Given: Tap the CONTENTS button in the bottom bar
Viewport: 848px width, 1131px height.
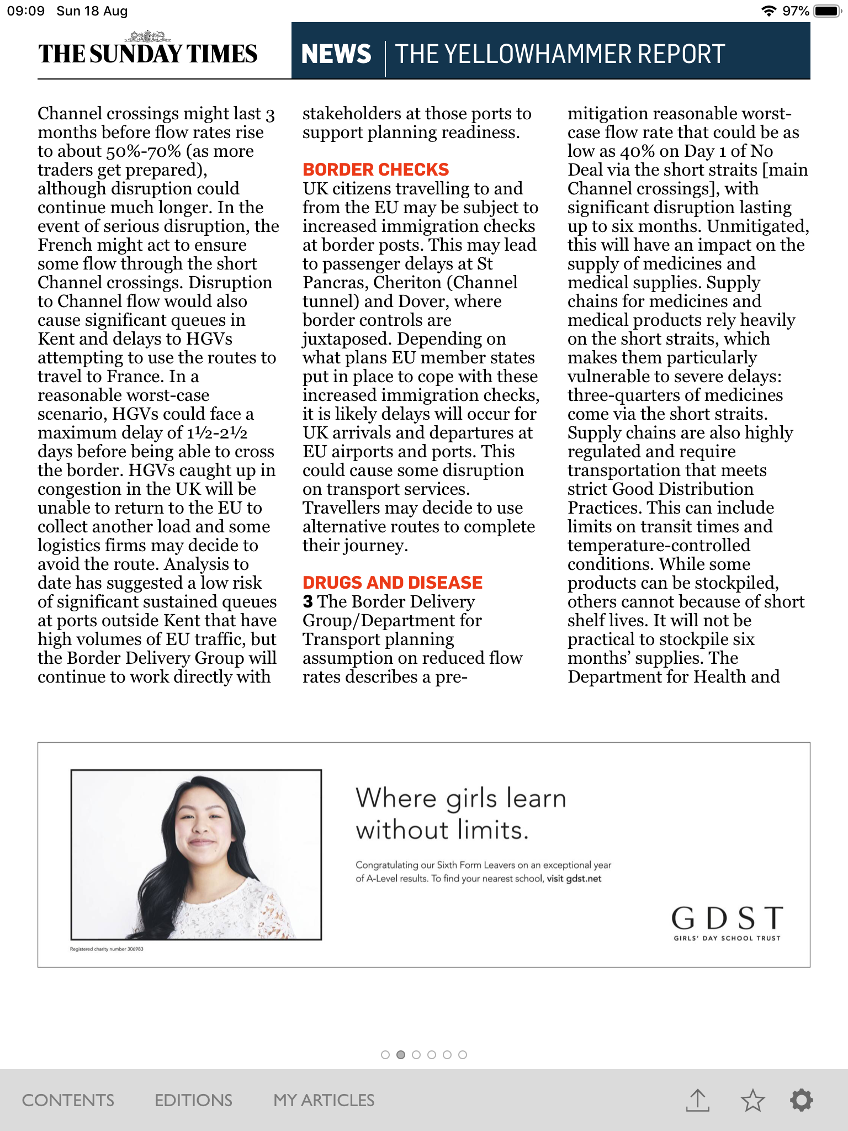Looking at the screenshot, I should [x=68, y=1100].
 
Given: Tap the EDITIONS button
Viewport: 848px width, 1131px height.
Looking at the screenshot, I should [x=193, y=1100].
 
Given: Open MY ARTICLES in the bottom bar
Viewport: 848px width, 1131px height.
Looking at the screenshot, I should [x=324, y=1100].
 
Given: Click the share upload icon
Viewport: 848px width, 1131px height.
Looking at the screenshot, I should [x=697, y=1100].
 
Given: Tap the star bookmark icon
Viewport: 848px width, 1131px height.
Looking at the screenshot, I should [x=752, y=1100].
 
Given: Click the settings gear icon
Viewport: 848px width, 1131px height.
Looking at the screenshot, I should [x=801, y=1100].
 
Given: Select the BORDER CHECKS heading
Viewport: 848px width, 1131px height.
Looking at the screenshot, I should [x=375, y=170].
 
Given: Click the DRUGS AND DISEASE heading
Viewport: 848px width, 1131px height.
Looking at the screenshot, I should [x=392, y=583].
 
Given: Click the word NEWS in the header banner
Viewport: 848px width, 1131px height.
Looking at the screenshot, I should [x=336, y=54].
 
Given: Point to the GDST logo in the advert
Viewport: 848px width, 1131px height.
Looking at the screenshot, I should [x=727, y=922].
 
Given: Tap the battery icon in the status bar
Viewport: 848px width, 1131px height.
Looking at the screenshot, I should [x=827, y=11].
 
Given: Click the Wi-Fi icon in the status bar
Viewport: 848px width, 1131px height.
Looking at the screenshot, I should [x=768, y=11].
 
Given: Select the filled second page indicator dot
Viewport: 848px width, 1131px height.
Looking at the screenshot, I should [x=401, y=1055].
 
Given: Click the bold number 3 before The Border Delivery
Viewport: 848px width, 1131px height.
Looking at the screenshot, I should [x=308, y=601].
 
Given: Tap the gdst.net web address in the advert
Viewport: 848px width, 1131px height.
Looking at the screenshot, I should [x=584, y=879].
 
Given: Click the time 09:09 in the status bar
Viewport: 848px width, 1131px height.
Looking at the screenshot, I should [x=25, y=11].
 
